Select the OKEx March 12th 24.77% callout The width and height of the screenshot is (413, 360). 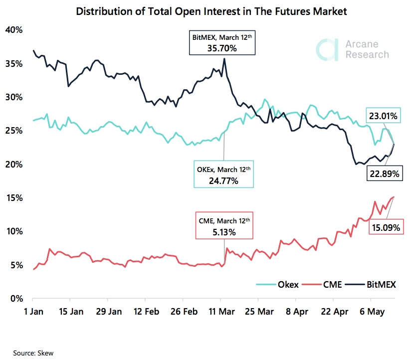tap(224, 174)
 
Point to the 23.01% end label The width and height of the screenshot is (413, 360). tap(383, 116)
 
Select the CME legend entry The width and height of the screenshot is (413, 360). tap(324, 285)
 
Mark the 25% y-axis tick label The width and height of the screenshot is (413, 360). tap(13, 131)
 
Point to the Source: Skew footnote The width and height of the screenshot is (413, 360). tap(33, 353)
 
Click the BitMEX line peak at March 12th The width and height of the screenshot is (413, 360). tap(224, 59)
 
